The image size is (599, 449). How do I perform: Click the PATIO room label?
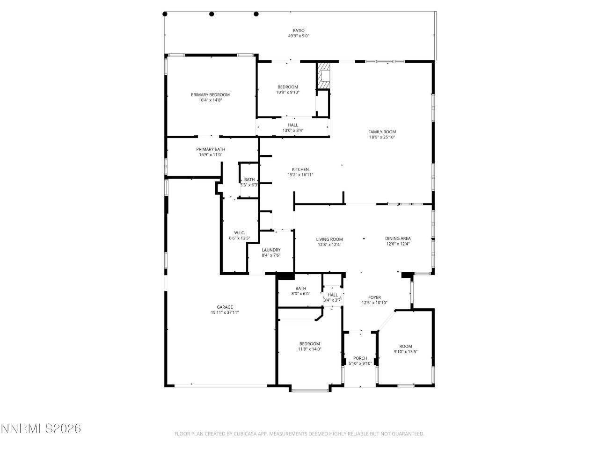click(x=299, y=30)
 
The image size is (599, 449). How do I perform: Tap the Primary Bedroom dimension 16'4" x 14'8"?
click(x=210, y=100)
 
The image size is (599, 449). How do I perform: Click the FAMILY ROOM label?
click(x=382, y=132)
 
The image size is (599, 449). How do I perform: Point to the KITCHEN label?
click(x=300, y=169)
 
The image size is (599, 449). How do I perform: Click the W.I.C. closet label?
click(x=239, y=233)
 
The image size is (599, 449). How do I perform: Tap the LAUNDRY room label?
click(x=271, y=250)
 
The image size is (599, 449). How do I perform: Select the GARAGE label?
click(x=225, y=307)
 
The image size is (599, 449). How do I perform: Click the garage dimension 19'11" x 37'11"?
click(x=225, y=312)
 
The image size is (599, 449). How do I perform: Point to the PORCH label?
click(x=360, y=358)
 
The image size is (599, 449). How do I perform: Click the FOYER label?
click(x=374, y=297)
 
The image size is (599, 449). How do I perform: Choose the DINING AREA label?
click(x=398, y=239)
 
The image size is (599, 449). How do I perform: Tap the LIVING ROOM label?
click(x=329, y=239)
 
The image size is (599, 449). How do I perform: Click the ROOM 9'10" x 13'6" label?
click(x=405, y=346)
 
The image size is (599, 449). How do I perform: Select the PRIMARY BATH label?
click(x=210, y=149)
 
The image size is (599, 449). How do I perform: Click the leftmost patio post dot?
click(x=165, y=14)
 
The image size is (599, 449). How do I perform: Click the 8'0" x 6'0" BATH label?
click(x=300, y=289)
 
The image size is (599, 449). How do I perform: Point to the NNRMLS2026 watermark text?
click(x=41, y=428)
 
